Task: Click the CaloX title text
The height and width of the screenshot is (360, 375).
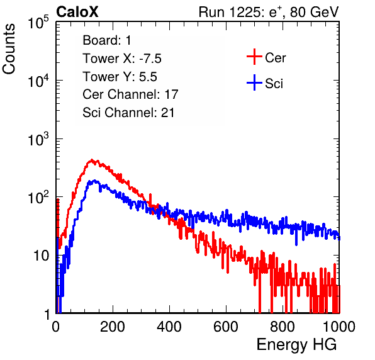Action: pos(77,12)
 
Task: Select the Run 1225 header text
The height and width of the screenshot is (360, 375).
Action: pos(269,12)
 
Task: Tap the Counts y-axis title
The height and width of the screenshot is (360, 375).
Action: pos(9,49)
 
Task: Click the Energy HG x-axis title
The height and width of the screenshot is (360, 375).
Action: pos(296,344)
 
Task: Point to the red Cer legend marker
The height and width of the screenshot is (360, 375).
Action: pos(254,57)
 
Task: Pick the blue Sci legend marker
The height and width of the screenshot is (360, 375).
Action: pos(254,82)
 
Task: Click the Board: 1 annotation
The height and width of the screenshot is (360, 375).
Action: pos(107,40)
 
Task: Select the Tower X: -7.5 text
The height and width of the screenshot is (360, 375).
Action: pos(122,59)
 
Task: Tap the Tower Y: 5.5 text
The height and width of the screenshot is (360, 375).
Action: pos(120,77)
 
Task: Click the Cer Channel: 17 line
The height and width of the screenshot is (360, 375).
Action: pos(130,94)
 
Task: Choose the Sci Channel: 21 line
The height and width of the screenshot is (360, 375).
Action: pos(128,113)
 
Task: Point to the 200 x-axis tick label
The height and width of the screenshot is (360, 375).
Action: pos(113,327)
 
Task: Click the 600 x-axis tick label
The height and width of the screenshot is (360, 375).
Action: pos(226,327)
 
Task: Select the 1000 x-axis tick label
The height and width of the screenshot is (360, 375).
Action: pos(339,327)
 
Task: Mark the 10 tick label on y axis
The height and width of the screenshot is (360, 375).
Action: pos(41,256)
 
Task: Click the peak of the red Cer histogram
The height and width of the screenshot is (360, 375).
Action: pos(92,160)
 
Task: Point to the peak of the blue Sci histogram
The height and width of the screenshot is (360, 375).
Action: pos(95,181)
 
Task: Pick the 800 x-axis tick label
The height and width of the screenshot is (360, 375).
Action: pos(283,327)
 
